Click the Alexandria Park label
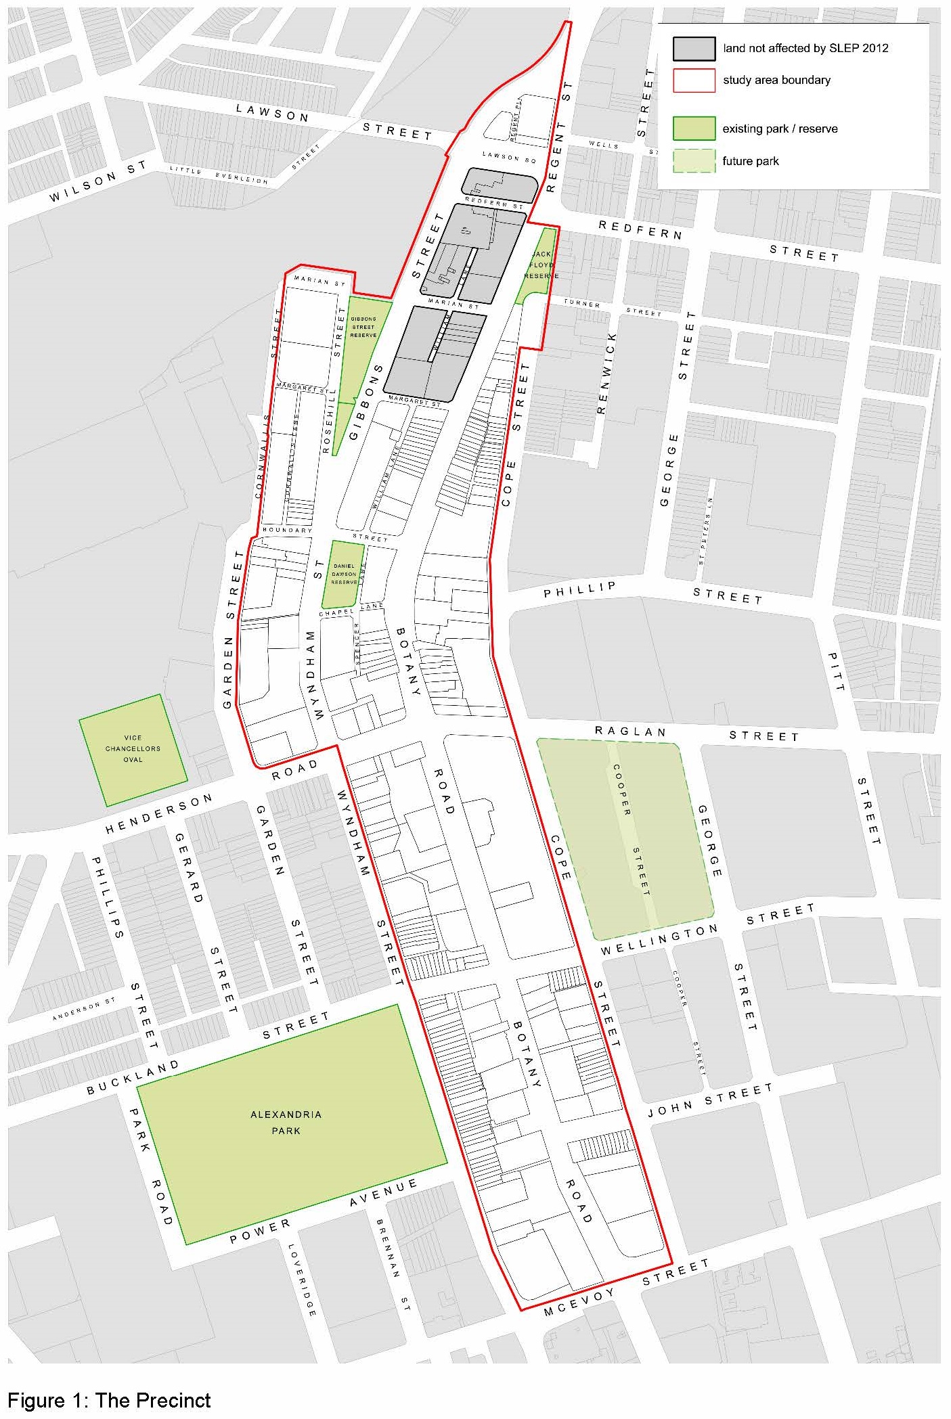tap(286, 1122)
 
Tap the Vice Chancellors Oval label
tap(133, 748)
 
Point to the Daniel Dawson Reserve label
tap(344, 574)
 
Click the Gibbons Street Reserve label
tap(363, 327)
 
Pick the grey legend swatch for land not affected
tap(694, 48)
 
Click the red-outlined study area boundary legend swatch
tap(694, 81)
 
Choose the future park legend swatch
tap(694, 161)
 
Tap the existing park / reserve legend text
tap(780, 129)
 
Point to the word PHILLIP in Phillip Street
tap(580, 589)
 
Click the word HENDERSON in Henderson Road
tap(158, 814)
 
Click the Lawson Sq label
tap(509, 158)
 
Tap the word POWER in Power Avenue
tap(260, 1231)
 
